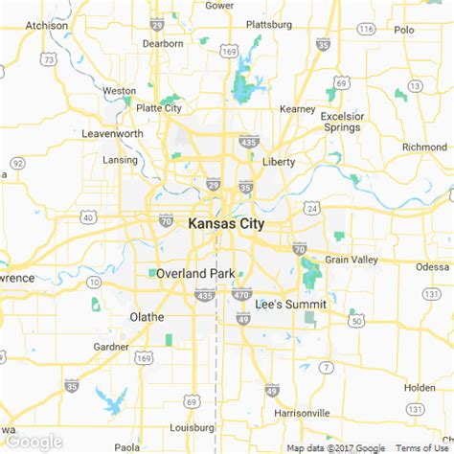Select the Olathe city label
coord(147,317)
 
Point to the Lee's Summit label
coord(291,305)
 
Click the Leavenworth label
coord(111,133)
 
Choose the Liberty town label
coord(278,162)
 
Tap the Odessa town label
coord(432,266)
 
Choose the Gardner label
coord(112,346)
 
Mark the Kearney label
coord(297,109)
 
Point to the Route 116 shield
coord(366,30)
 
